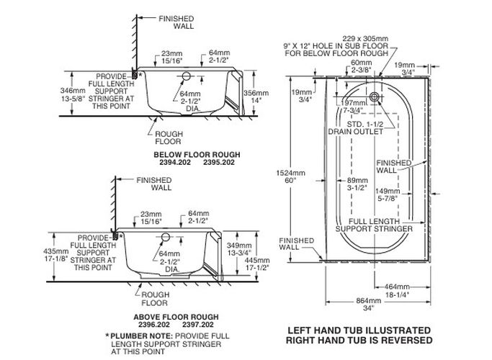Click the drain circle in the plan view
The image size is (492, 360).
[374, 96]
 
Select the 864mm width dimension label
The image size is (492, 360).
[369, 304]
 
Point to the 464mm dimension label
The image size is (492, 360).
[397, 290]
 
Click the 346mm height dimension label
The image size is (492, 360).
[73, 94]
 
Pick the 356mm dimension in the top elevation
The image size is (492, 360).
[256, 96]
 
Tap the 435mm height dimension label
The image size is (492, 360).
[56, 255]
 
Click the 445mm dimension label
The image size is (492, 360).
[257, 264]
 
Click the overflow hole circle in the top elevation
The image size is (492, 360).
[186, 76]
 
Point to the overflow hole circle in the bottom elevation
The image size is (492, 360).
[166, 237]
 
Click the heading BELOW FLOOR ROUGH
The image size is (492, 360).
[197, 155]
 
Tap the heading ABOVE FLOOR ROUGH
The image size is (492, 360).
[176, 317]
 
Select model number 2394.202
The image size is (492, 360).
[175, 163]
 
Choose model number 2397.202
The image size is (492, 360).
[198, 325]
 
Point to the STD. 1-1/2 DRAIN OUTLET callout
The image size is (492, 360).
[356, 127]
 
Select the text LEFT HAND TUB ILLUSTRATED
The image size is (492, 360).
[359, 330]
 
